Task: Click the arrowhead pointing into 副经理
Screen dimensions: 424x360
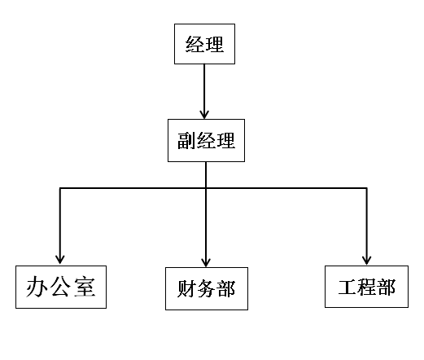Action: point(204,115)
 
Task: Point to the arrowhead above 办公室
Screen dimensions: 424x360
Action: point(60,260)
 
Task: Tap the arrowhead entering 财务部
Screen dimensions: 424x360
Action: point(206,262)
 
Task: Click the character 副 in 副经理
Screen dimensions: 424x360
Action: point(186,141)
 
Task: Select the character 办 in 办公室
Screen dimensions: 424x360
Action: point(36,287)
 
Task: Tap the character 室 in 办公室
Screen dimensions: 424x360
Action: point(85,287)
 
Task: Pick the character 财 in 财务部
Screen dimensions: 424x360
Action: point(186,288)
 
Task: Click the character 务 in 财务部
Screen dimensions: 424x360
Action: point(206,288)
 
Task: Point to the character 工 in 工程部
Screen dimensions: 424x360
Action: point(348,287)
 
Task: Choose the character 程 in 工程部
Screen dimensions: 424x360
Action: point(366,287)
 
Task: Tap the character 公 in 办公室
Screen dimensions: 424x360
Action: point(60,287)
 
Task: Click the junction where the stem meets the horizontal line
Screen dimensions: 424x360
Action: point(206,188)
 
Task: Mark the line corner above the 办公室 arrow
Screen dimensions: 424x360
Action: point(60,188)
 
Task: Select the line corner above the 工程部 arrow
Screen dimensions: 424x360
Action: point(366,188)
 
